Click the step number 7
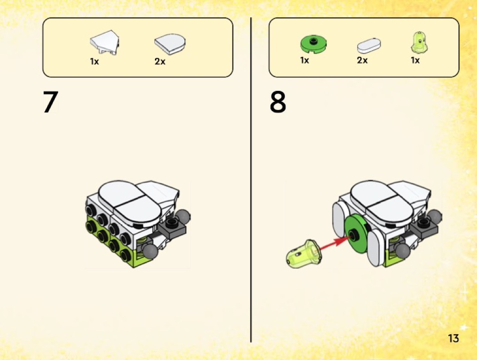point(50,102)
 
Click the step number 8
point(278,102)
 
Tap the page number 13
point(453,338)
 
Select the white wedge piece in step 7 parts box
point(104,43)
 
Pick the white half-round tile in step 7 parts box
point(170,44)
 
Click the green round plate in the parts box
point(313,44)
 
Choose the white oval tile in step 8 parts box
point(369,46)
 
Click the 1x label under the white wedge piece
point(94,62)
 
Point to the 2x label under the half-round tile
point(160,62)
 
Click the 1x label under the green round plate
point(304,60)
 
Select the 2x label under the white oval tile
point(363,60)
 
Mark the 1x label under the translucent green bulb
point(415,60)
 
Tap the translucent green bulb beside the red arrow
point(303,255)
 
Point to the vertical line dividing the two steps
point(251,180)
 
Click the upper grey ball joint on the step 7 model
point(184,217)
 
